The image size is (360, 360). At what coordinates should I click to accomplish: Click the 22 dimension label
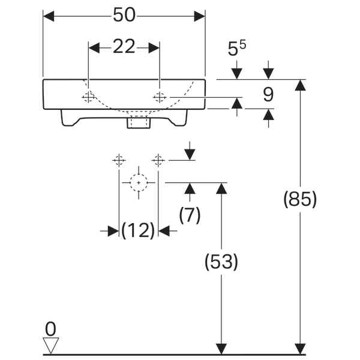(x=124, y=47)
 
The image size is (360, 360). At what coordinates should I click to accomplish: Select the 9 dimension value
(x=268, y=94)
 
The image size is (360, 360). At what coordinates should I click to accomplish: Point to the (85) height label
(x=299, y=199)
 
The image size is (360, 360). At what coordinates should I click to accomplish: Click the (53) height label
(x=222, y=262)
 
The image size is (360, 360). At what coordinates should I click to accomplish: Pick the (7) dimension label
(x=190, y=214)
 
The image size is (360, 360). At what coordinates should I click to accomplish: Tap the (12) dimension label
(x=138, y=230)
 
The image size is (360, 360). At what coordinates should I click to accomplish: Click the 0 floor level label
(x=51, y=328)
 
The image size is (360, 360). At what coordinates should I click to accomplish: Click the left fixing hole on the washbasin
(x=89, y=97)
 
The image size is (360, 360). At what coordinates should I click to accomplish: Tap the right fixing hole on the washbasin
(x=160, y=97)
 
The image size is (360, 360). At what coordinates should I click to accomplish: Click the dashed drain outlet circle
(x=139, y=182)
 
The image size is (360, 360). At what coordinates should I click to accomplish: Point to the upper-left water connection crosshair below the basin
(x=119, y=160)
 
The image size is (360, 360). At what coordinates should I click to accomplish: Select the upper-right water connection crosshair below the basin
(x=158, y=160)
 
